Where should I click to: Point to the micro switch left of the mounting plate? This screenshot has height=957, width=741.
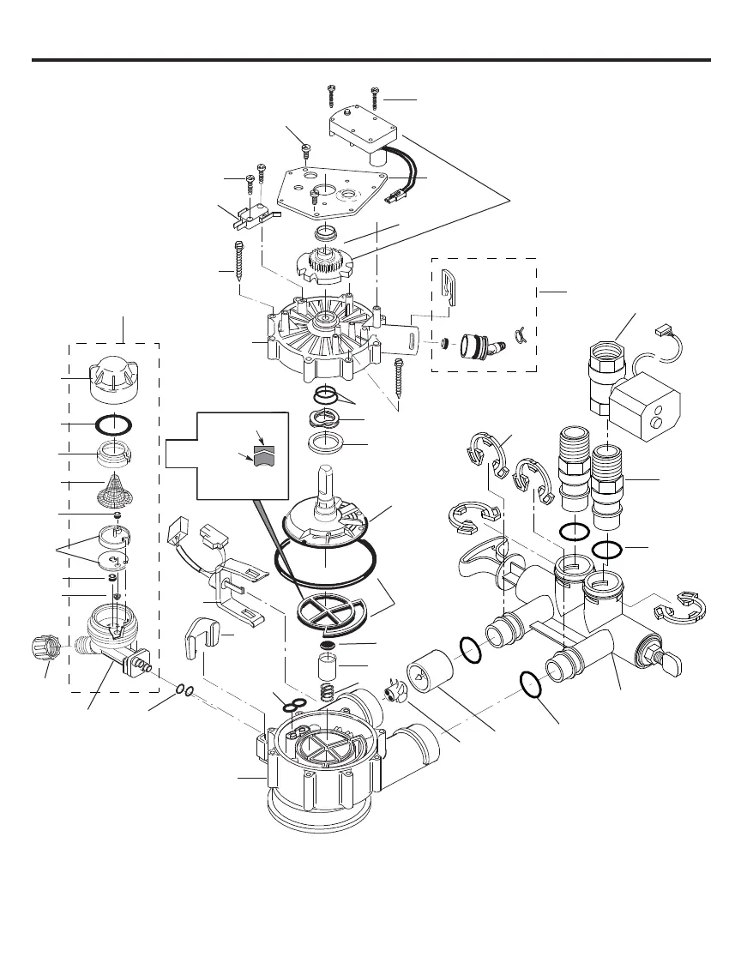pos(247,215)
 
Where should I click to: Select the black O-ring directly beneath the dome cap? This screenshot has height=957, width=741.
pos(115,424)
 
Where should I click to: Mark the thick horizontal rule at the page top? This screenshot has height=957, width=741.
pos(370,60)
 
